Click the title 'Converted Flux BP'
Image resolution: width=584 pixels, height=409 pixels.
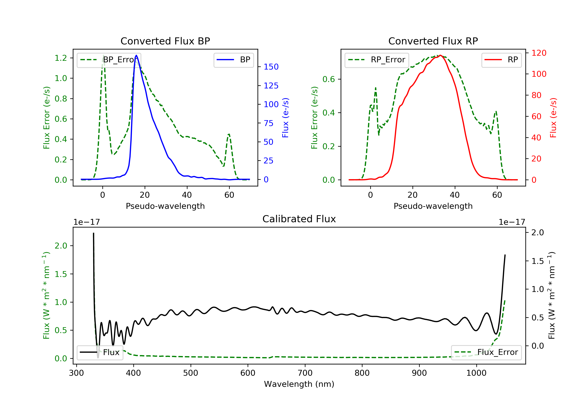165,41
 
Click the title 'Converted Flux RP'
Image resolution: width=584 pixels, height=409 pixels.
433,41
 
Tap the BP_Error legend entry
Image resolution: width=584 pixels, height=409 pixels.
109,60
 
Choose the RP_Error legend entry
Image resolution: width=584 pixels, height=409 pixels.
377,60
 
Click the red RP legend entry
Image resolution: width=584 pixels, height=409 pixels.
501,60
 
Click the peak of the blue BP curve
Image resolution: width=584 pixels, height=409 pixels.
136,55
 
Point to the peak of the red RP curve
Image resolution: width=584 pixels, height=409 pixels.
440,55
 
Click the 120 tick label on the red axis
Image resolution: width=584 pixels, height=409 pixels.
539,53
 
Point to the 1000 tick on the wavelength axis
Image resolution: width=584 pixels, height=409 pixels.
476,373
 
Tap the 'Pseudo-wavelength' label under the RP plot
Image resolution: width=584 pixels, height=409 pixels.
433,206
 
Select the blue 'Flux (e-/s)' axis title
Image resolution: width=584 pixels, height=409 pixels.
285,118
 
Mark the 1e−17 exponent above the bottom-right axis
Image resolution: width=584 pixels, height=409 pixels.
512,222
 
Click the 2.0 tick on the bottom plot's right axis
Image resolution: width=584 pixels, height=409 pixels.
537,232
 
